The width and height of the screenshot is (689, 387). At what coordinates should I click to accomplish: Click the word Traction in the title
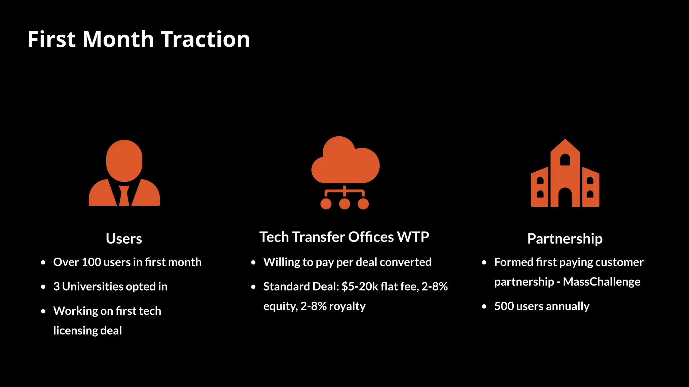pyautogui.click(x=205, y=39)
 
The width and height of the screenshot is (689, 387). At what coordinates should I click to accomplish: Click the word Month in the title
pyautogui.click(x=118, y=39)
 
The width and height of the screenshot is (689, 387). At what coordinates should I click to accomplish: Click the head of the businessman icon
pyautogui.click(x=124, y=161)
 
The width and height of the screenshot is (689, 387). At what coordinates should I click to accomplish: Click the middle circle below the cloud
pyautogui.click(x=344, y=204)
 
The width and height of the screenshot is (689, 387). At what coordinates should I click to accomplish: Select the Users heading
pyautogui.click(x=124, y=239)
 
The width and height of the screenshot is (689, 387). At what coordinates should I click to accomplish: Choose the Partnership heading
pyautogui.click(x=565, y=239)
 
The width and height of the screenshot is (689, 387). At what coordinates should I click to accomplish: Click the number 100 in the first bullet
pyautogui.click(x=91, y=262)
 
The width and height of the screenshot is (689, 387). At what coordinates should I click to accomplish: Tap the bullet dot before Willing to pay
pyautogui.click(x=253, y=263)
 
